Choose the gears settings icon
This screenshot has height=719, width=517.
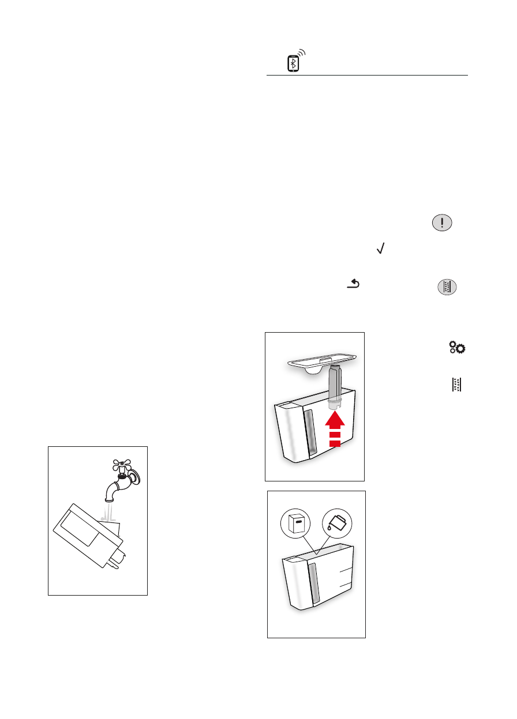point(458,348)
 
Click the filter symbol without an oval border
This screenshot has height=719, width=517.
point(456,384)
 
